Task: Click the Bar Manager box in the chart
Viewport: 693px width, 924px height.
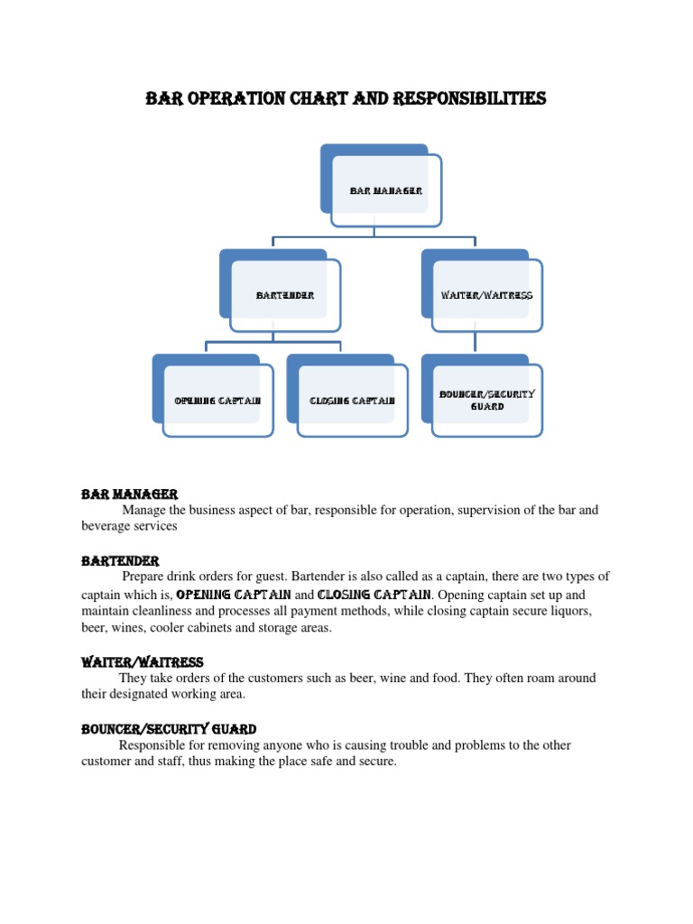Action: (386, 190)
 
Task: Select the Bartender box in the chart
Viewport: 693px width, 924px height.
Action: (285, 296)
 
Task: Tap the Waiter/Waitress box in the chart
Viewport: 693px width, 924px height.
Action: (487, 296)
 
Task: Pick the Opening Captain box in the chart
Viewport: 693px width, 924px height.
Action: (217, 401)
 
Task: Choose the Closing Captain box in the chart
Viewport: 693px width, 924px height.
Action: (352, 401)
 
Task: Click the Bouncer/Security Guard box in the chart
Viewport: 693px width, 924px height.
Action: (487, 401)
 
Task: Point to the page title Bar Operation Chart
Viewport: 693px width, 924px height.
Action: (346, 98)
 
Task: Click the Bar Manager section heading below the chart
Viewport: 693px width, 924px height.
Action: (129, 494)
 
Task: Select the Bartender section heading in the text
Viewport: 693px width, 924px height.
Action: (120, 561)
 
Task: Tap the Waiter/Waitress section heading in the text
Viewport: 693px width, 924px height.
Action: (143, 662)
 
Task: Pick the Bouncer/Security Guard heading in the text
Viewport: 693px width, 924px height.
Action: (169, 729)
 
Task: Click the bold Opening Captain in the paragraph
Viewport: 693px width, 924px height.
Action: (233, 595)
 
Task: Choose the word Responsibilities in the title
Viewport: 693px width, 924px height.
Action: (469, 98)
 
